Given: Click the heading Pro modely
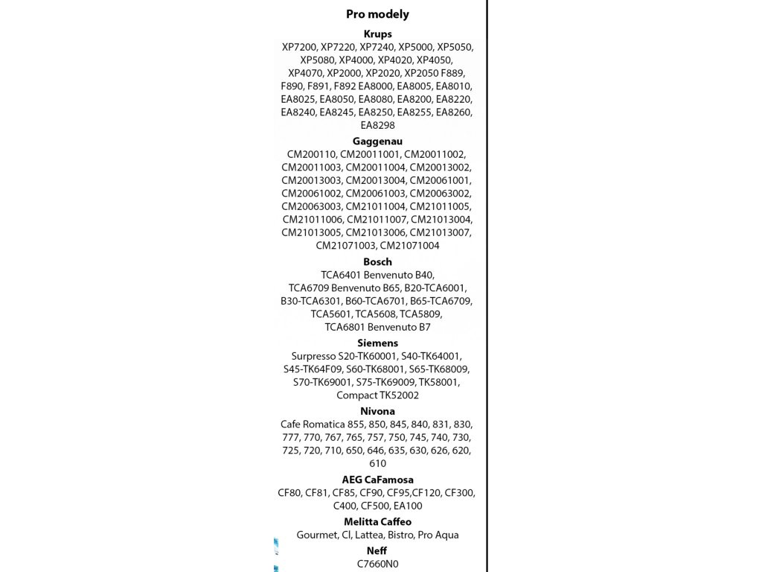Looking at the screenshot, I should pyautogui.click(x=377, y=14).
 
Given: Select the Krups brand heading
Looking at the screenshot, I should pyautogui.click(x=377, y=34).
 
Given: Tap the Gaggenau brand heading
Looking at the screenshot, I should pyautogui.click(x=377, y=141).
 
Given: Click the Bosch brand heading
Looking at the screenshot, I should pyautogui.click(x=377, y=261).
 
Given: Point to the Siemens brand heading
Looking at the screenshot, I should pyautogui.click(x=377, y=343).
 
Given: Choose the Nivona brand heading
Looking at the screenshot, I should pyautogui.click(x=377, y=411).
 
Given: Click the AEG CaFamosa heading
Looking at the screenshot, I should pyautogui.click(x=377, y=480).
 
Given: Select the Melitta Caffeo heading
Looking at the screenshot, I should pyautogui.click(x=377, y=522).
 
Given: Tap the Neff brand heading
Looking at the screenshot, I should pyautogui.click(x=377, y=551).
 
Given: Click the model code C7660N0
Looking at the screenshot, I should pyautogui.click(x=377, y=565).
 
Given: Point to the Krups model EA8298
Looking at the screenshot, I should pyautogui.click(x=377, y=126).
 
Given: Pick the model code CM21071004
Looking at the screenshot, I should pyautogui.click(x=410, y=246).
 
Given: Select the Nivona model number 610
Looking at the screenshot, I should pyautogui.click(x=377, y=464).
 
